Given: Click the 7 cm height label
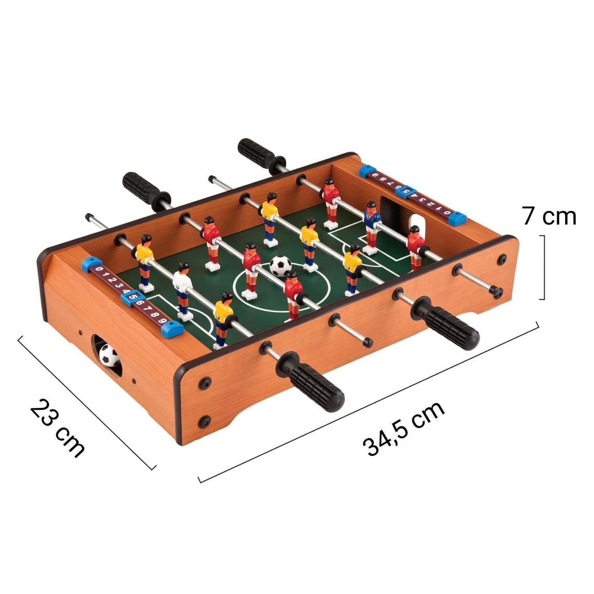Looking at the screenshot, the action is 549,217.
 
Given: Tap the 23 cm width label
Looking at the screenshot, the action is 57,429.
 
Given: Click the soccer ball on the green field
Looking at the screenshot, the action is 280,266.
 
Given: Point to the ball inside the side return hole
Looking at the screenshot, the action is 109,355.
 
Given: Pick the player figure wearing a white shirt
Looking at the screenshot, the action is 183,290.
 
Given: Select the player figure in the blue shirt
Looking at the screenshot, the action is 371,228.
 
